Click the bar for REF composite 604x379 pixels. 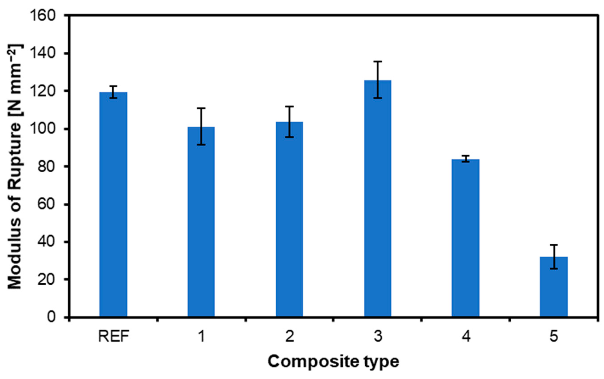pyautogui.click(x=113, y=205)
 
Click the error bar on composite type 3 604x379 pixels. pyautogui.click(x=378, y=80)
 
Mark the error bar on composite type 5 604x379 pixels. pyautogui.click(x=553, y=257)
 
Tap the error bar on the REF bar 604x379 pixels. pyautogui.click(x=113, y=92)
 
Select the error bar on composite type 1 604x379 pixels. pyautogui.click(x=201, y=126)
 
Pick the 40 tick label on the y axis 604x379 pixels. pyautogui.click(x=46, y=242)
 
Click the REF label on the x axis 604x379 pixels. pyautogui.click(x=113, y=336)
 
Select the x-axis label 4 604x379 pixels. pyautogui.click(x=466, y=336)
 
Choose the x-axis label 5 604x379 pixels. pyautogui.click(x=553, y=336)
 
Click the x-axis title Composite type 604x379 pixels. pyautogui.click(x=333, y=362)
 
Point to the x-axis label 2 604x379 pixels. pyautogui.click(x=290, y=336)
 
